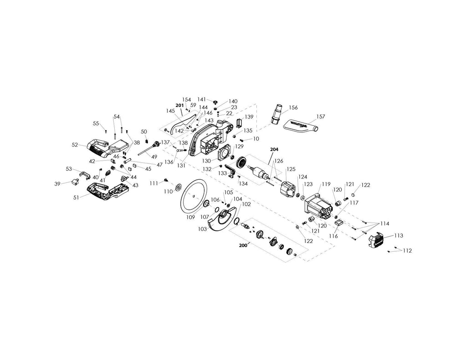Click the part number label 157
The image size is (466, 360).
[321, 117]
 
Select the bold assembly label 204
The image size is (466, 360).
[274, 149]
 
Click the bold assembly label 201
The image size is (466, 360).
[179, 105]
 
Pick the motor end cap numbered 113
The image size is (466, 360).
[379, 238]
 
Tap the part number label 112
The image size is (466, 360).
[406, 251]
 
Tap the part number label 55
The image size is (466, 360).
[96, 123]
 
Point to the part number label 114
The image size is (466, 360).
[385, 223]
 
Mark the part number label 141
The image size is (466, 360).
[202, 99]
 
